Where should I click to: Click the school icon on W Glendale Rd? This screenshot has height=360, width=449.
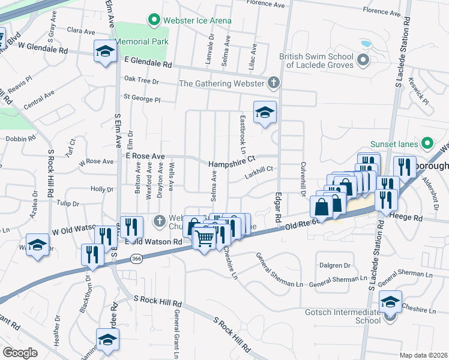point(105,52)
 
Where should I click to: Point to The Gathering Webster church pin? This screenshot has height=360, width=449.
point(274,83)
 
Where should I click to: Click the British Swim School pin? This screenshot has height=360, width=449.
point(363,61)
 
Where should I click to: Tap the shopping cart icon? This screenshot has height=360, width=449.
point(204,238)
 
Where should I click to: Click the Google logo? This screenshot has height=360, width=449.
point(20,352)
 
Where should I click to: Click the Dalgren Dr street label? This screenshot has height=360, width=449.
point(335,265)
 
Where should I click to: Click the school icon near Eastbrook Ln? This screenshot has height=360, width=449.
point(264,112)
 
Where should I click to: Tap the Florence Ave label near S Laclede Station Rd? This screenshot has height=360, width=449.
point(382,11)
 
